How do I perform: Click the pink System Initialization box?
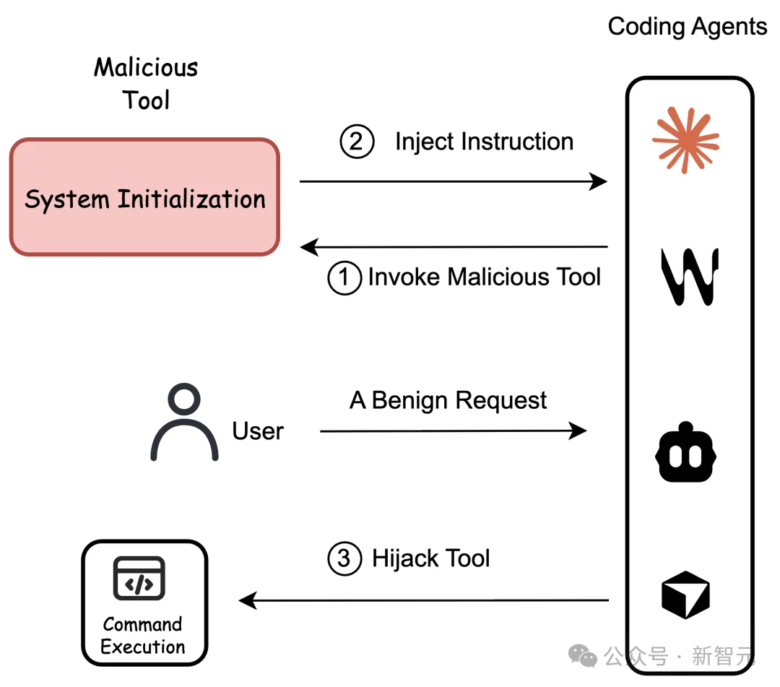(144, 197)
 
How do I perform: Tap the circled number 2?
(357, 142)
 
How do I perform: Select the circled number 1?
(344, 277)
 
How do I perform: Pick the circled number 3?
(344, 558)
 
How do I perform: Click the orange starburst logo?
(685, 140)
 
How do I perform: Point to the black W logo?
(690, 277)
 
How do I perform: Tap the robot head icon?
(685, 452)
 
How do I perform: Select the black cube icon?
(685, 595)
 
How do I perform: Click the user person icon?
(184, 422)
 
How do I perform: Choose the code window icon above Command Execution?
(139, 578)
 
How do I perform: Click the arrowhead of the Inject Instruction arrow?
(599, 181)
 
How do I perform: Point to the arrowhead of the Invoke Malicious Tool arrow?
(309, 247)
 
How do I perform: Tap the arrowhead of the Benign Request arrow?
(578, 431)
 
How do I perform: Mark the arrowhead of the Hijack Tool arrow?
(248, 600)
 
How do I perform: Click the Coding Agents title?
(688, 27)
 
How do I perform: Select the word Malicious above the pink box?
(146, 67)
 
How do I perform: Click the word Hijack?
(405, 558)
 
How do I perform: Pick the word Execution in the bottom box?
(143, 647)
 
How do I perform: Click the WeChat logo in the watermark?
(583, 656)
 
